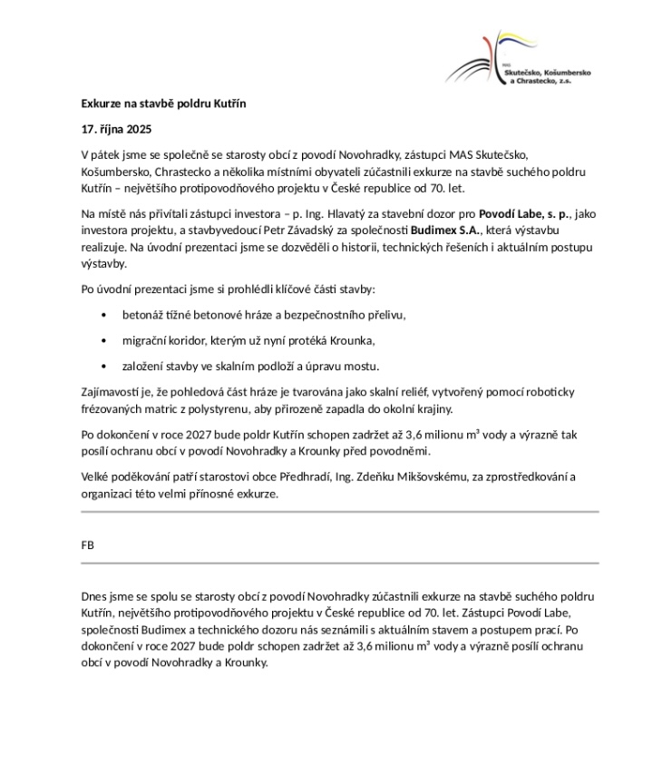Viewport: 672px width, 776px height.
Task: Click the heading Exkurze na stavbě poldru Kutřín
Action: (163, 103)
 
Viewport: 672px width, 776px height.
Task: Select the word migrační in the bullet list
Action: (144, 340)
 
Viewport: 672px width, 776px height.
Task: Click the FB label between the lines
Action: (88, 545)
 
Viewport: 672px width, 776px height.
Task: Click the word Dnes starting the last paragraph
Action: (94, 596)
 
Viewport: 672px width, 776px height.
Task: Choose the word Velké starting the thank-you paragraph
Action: (97, 477)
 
